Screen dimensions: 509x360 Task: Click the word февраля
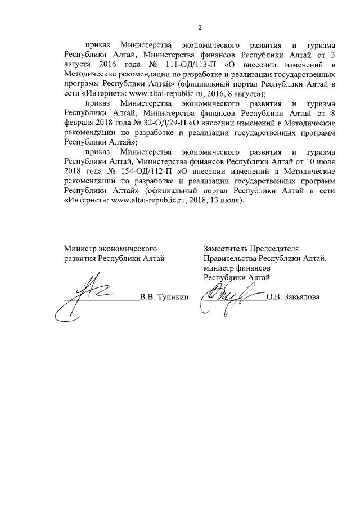[78, 123]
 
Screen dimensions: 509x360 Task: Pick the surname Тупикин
[174, 297]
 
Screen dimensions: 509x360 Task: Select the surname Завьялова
[301, 297]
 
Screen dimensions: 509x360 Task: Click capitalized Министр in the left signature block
[80, 248]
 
